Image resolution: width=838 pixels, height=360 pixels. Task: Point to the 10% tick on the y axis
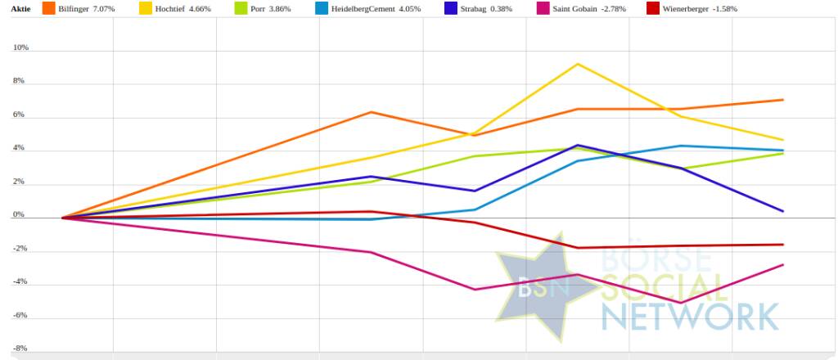pyautogui.click(x=20, y=48)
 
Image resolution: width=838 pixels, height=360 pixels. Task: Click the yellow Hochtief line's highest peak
pyautogui.click(x=579, y=64)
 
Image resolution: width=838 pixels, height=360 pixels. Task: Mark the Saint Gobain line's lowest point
pyautogui.click(x=681, y=303)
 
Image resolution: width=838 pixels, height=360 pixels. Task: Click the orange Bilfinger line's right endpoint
pyautogui.click(x=783, y=100)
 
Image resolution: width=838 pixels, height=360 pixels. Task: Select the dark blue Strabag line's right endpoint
pyautogui.click(x=783, y=211)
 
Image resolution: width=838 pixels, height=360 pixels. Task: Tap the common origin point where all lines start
pyautogui.click(x=62, y=218)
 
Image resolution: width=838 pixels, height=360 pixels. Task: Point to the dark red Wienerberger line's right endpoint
pyautogui.click(x=783, y=245)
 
